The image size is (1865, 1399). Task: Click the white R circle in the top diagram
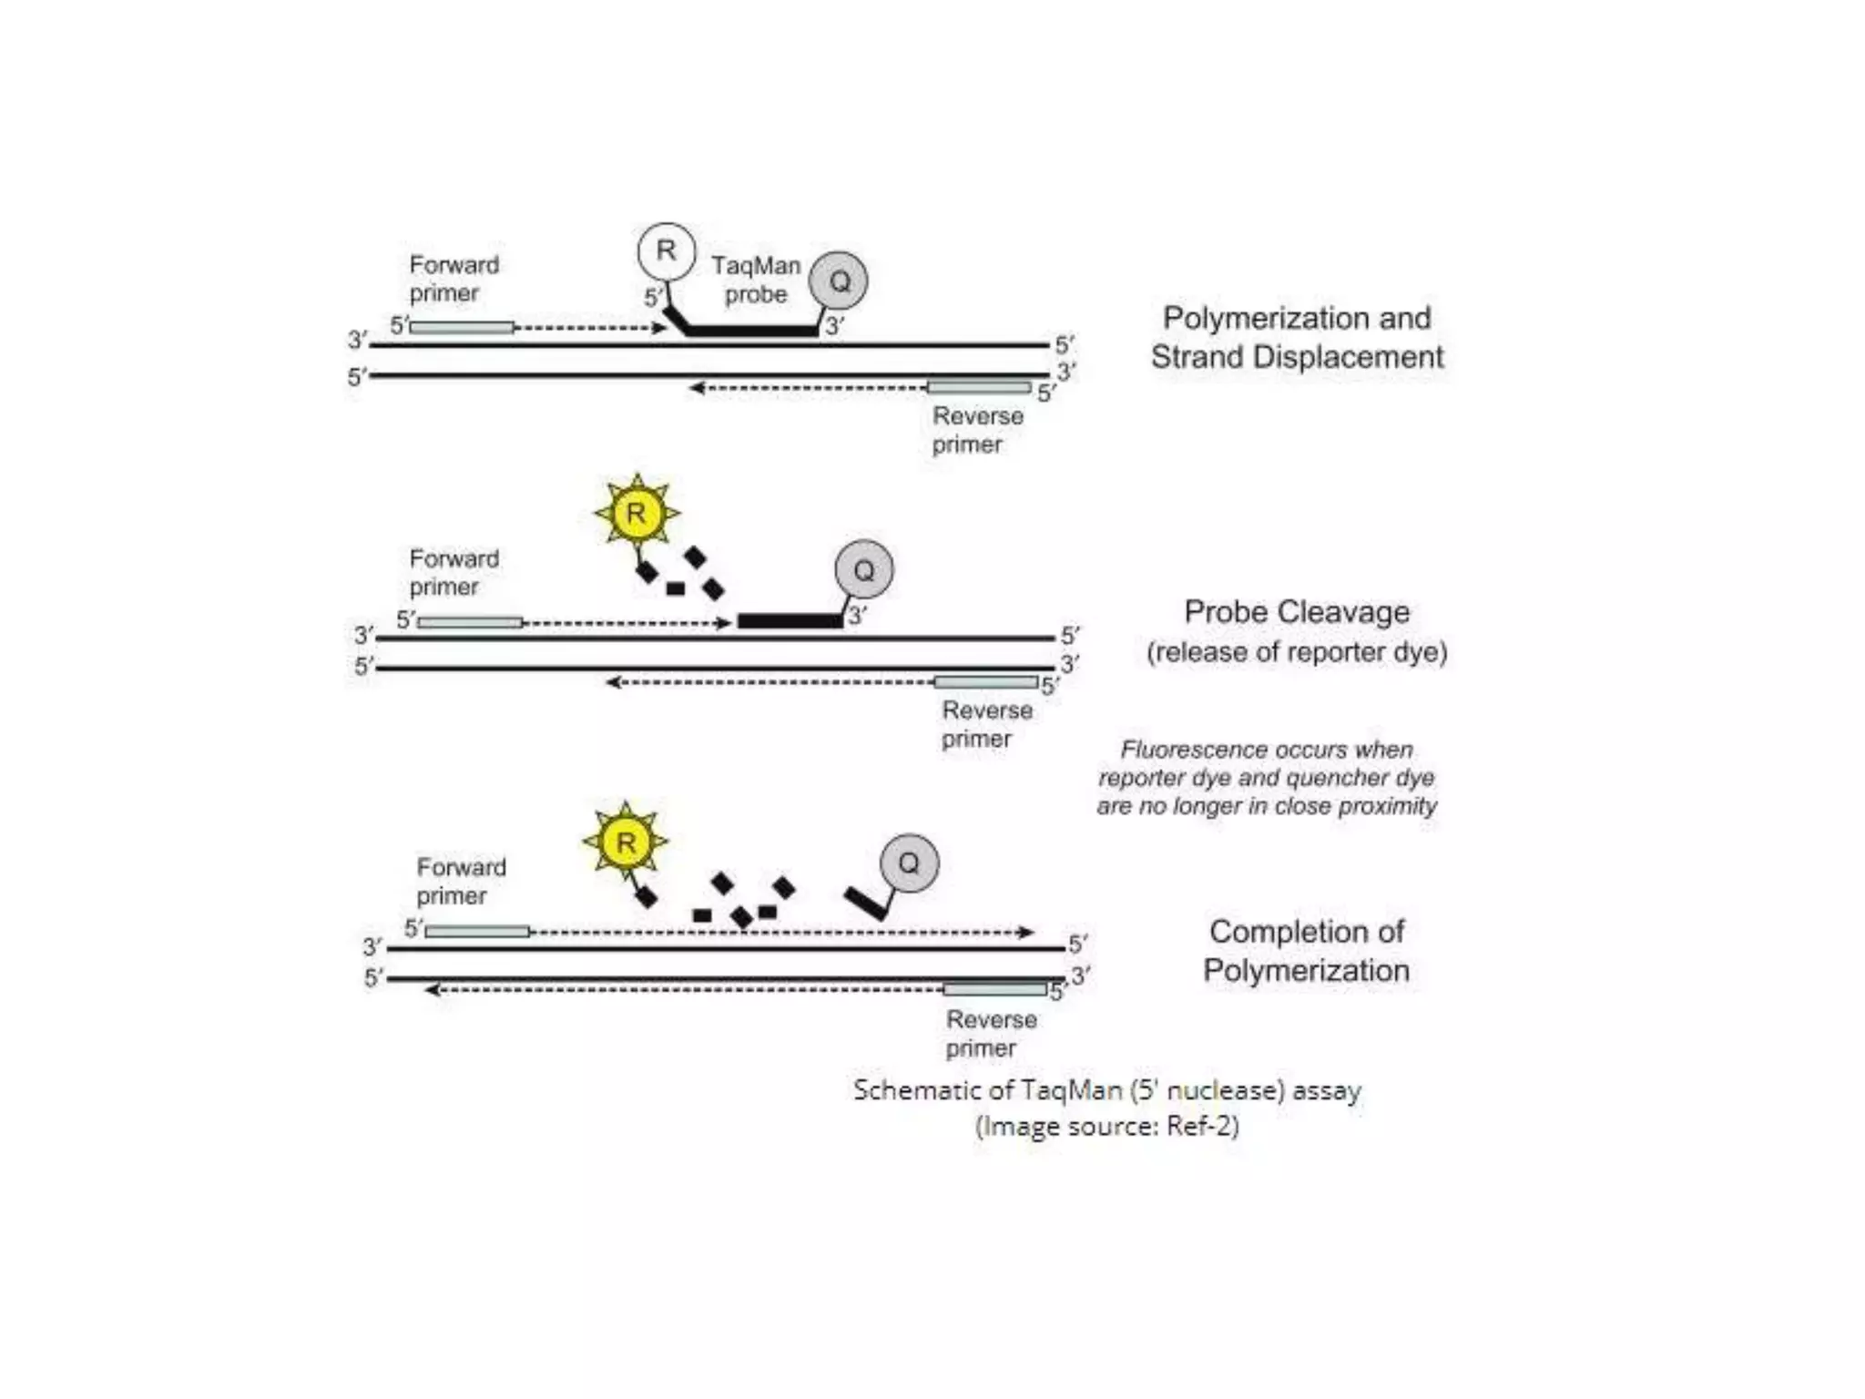666,250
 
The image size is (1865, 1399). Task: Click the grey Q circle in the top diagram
839,281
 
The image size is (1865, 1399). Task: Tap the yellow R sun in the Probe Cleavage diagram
636,513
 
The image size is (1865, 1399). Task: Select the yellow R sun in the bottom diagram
626,842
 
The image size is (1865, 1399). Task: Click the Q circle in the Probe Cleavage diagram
863,570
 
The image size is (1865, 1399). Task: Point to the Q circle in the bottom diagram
909,863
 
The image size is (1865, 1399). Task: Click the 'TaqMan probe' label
756,280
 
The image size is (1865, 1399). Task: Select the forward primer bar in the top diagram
461,327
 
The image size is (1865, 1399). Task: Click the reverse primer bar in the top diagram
979,388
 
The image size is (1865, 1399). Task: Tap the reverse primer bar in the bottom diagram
995,989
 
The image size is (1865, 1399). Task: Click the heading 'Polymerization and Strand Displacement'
1297,337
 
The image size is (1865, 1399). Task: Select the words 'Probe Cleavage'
1297,612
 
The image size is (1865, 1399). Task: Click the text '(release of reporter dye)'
1297,652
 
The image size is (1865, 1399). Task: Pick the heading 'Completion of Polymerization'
1306,951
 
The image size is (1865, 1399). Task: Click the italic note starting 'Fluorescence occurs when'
1267,778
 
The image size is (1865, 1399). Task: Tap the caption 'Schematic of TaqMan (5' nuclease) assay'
1106,1090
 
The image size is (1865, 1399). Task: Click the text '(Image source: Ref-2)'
1106,1127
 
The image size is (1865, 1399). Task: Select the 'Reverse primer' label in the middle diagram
986,724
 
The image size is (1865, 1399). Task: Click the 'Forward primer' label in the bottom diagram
461,881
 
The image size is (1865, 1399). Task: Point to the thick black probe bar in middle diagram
790,621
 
